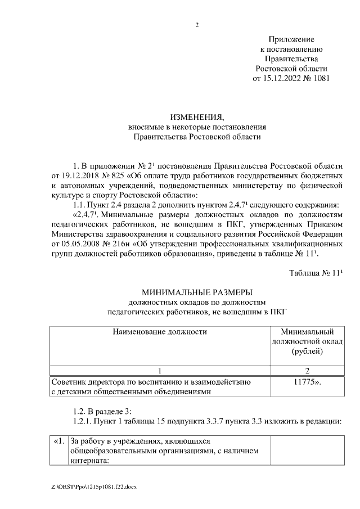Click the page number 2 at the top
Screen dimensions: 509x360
197,25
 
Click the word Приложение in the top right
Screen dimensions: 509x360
291,39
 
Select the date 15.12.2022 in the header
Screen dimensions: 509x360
283,79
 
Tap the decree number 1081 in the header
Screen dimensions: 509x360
319,79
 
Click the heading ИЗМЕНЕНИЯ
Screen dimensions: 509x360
197,117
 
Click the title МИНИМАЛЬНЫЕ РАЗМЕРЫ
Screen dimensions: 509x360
197,292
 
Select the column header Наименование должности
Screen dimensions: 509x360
160,331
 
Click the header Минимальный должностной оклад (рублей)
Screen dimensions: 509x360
307,341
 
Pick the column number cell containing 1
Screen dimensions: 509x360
160,371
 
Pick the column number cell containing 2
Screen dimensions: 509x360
307,371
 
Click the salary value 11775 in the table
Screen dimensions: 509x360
304,382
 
